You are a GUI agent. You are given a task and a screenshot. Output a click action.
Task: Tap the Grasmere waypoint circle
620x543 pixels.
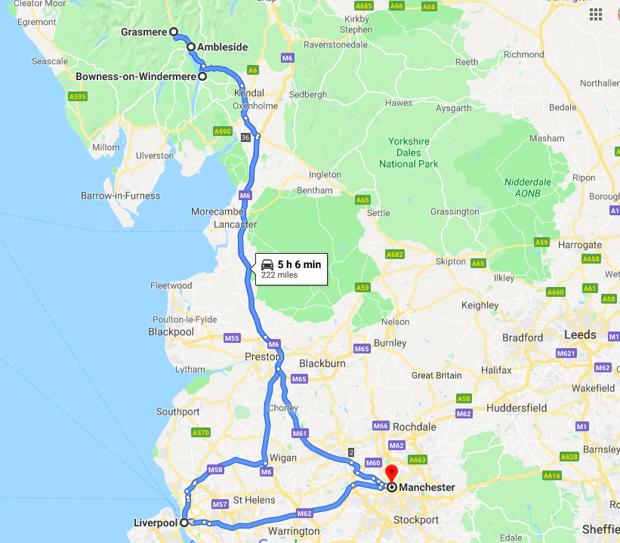pyautogui.click(x=173, y=32)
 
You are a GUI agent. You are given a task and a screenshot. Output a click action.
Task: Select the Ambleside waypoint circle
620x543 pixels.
pyautogui.click(x=191, y=47)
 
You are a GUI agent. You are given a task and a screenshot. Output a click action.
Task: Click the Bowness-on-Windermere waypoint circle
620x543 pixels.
pyautogui.click(x=202, y=76)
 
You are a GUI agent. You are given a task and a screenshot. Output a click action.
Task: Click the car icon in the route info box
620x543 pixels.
pyautogui.click(x=267, y=264)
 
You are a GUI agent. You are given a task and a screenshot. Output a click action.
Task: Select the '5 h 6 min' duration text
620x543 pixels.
pyautogui.click(x=299, y=264)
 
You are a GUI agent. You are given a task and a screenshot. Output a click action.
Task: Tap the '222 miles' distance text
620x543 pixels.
pyautogui.click(x=279, y=276)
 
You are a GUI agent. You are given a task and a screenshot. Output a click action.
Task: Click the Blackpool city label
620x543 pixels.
pyautogui.click(x=171, y=332)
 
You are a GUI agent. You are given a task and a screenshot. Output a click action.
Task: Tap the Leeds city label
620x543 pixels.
pyautogui.click(x=579, y=335)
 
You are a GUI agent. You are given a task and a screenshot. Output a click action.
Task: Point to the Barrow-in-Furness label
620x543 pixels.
pyautogui.click(x=120, y=196)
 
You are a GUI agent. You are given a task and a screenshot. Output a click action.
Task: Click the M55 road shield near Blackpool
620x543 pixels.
pyautogui.click(x=231, y=338)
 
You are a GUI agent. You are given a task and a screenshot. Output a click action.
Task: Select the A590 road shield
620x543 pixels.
pyautogui.click(x=223, y=131)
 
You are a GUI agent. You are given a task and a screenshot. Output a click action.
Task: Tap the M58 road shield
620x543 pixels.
pyautogui.click(x=215, y=470)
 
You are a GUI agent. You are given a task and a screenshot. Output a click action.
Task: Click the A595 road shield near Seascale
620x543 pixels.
pyautogui.click(x=77, y=97)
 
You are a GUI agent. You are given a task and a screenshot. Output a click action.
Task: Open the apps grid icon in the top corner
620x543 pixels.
pyautogui.click(x=596, y=14)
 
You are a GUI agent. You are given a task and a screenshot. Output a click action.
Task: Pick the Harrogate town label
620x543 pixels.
pyautogui.click(x=557, y=245)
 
